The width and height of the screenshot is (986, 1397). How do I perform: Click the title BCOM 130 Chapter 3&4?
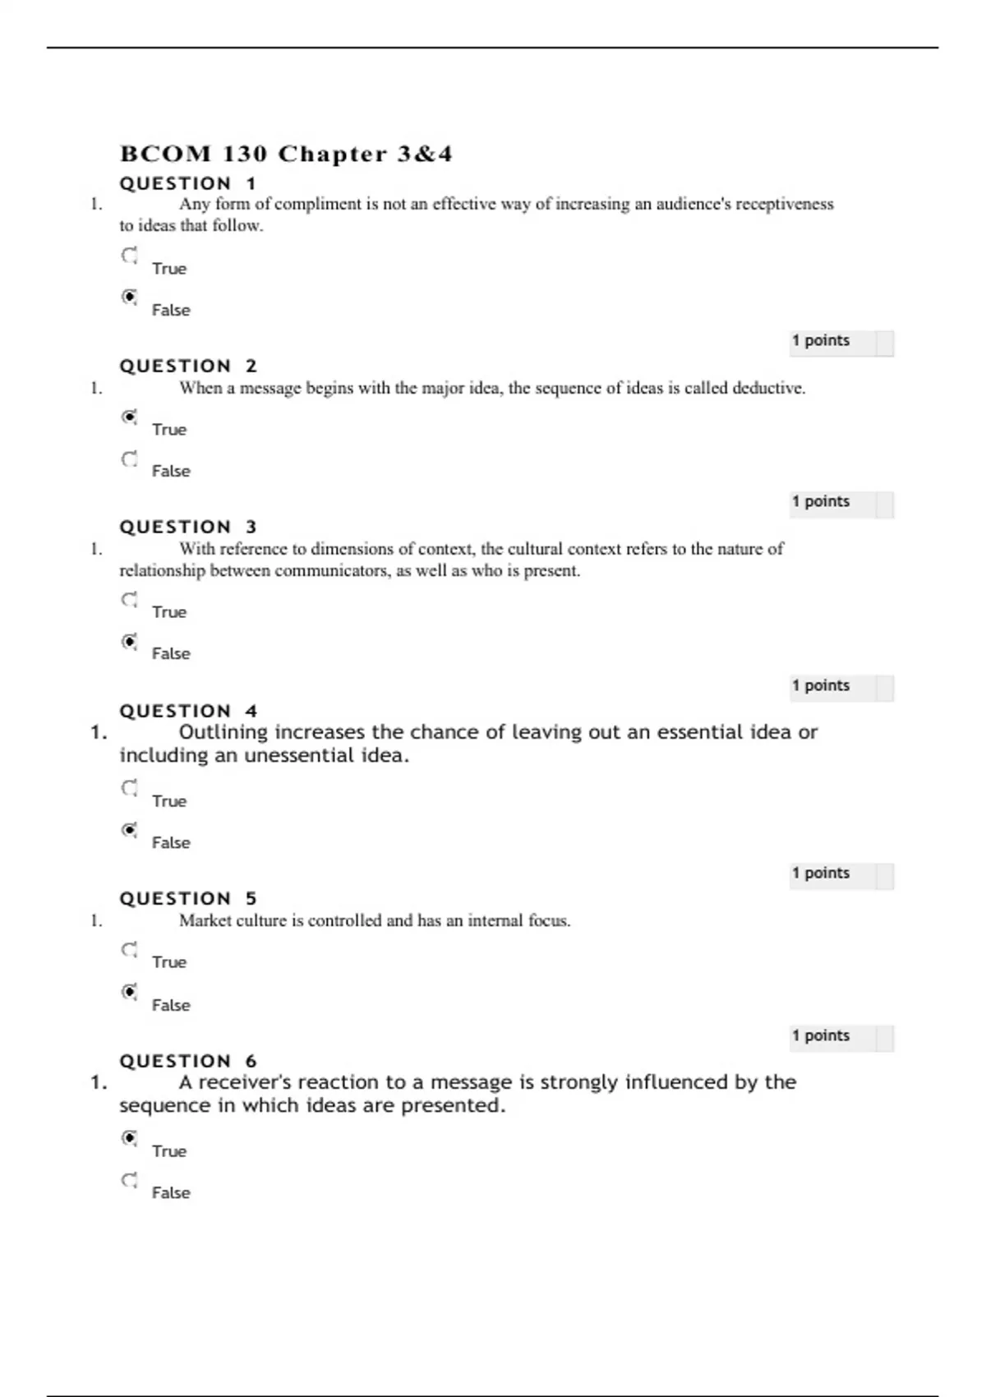pos(286,154)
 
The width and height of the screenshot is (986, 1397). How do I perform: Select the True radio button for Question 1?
pos(130,256)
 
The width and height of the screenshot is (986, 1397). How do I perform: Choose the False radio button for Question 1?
pos(130,297)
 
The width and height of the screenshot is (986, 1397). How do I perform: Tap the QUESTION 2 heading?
pos(188,367)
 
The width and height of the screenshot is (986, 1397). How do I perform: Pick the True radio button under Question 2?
pos(130,417)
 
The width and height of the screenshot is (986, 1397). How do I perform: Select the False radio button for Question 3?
pos(130,641)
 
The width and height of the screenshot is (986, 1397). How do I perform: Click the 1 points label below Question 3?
pos(820,685)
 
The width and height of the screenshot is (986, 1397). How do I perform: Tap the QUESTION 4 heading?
pos(188,712)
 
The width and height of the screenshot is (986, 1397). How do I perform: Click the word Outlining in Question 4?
pos(223,732)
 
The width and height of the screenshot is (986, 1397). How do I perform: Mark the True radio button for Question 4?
pos(130,788)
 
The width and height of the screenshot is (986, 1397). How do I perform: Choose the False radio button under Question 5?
pos(130,992)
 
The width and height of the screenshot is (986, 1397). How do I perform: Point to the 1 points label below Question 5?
pos(820,1035)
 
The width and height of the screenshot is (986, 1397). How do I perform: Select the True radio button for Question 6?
pos(130,1138)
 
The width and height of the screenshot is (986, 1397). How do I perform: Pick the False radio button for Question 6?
pos(130,1180)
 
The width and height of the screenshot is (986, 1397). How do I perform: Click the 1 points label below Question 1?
pos(820,340)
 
